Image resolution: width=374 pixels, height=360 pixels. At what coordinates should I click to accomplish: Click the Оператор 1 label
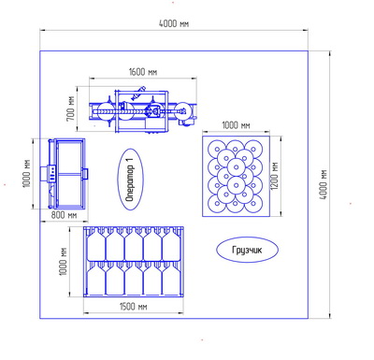point(130,180)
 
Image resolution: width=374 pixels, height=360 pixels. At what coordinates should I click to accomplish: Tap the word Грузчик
point(247,250)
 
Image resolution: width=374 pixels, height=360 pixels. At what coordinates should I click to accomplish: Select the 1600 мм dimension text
point(143,72)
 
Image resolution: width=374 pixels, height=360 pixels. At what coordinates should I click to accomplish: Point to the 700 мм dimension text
point(71,108)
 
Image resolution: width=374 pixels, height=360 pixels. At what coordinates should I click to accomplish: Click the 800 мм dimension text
point(64,215)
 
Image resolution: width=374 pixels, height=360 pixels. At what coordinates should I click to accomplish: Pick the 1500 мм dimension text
point(133,307)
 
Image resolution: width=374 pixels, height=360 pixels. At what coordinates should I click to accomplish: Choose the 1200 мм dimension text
point(275,176)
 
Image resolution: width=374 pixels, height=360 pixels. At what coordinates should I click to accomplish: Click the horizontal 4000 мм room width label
point(174,23)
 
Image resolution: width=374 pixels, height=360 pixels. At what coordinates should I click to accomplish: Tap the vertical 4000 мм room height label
point(324,184)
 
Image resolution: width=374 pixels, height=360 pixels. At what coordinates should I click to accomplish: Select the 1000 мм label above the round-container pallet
point(236,125)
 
